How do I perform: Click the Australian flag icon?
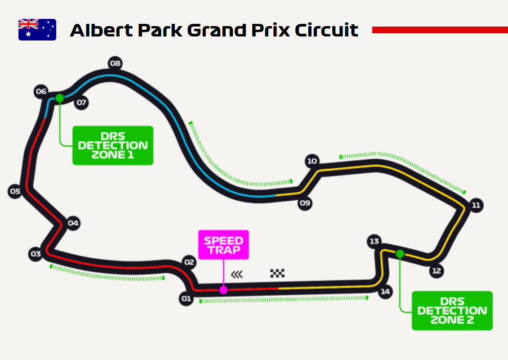pyautogui.click(x=37, y=30)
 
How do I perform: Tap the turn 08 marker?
pyautogui.click(x=116, y=63)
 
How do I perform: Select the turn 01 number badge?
pyautogui.click(x=186, y=299)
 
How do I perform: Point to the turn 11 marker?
pyautogui.click(x=476, y=206)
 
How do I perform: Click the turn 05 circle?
pyautogui.click(x=15, y=192)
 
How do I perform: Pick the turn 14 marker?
pyautogui.click(x=385, y=292)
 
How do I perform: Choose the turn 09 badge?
pyautogui.click(x=305, y=203)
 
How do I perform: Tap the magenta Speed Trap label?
pyautogui.click(x=223, y=245)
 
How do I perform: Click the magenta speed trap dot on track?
pyautogui.click(x=223, y=290)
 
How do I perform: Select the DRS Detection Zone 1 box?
pyautogui.click(x=113, y=145)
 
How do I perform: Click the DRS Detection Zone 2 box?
pyautogui.click(x=452, y=310)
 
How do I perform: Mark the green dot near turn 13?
pyautogui.click(x=400, y=254)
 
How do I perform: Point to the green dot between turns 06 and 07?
pyautogui.click(x=59, y=98)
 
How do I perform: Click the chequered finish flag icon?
pyautogui.click(x=277, y=273)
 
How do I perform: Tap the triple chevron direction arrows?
pyautogui.click(x=236, y=274)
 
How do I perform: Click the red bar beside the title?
pyautogui.click(x=440, y=30)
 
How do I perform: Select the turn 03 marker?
pyautogui.click(x=36, y=254)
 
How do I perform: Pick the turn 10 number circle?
pyautogui.click(x=312, y=161)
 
